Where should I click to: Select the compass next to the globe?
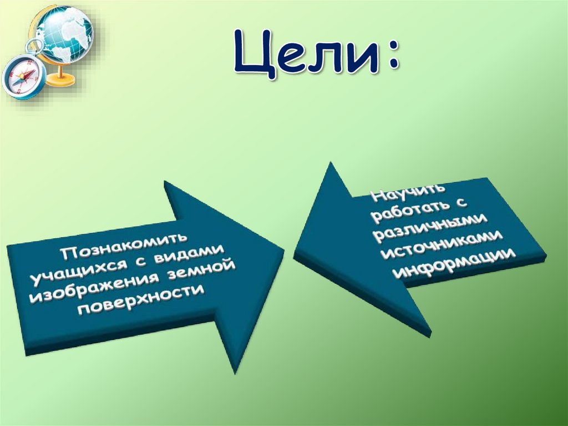coord(23,77)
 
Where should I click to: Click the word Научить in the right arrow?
coord(398,194)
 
